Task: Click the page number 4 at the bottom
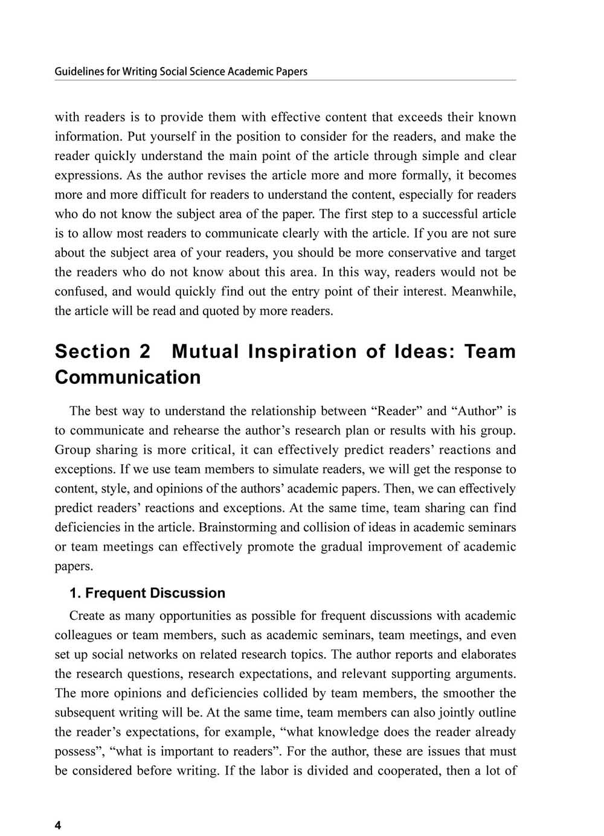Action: pyautogui.click(x=58, y=826)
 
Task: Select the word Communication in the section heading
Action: pyautogui.click(x=127, y=377)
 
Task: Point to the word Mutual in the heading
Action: pyautogui.click(x=205, y=351)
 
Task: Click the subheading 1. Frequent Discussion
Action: pyautogui.click(x=147, y=593)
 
